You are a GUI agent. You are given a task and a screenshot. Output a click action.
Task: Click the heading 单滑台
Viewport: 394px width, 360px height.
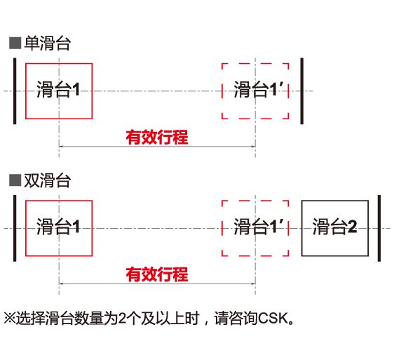[x=47, y=44]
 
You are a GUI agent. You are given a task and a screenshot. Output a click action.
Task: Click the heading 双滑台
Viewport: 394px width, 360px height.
[x=47, y=180]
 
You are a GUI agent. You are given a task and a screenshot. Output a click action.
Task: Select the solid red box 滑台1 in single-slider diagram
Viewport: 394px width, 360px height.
[x=58, y=91]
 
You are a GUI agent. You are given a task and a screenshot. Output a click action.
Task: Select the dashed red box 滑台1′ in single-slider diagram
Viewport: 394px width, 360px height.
[x=256, y=91]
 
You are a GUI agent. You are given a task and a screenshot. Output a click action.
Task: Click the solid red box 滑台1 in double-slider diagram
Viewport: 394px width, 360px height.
[x=58, y=228]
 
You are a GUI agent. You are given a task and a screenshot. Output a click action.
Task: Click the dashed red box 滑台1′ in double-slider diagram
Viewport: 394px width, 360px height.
[x=256, y=228]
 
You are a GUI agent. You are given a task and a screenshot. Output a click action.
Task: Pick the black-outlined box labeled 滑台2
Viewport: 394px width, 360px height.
[x=335, y=228]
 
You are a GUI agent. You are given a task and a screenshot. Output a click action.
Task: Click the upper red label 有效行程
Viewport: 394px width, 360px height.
[x=156, y=137]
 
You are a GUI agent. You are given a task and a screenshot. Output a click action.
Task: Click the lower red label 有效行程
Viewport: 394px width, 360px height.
[x=156, y=274]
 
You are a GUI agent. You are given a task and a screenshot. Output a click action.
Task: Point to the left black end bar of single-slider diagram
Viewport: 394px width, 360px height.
[x=14, y=91]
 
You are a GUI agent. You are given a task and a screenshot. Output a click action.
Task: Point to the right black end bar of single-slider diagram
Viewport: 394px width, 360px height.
[x=301, y=91]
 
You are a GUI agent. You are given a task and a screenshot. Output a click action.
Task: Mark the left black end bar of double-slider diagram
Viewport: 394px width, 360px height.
[x=14, y=228]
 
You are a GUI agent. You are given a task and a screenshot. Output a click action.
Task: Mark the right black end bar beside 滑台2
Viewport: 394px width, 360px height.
[x=379, y=228]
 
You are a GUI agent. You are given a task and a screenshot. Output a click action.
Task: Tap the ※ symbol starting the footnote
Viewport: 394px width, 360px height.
[x=9, y=318]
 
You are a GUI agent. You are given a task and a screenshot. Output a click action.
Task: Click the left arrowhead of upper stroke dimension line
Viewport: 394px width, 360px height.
[x=62, y=146]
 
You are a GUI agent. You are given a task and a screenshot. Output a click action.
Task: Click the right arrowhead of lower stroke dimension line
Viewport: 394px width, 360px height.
[x=252, y=284]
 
